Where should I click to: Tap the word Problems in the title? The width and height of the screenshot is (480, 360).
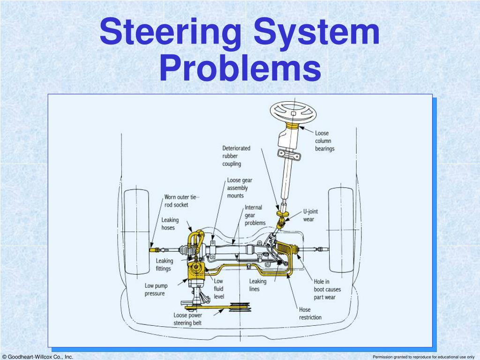(240, 67)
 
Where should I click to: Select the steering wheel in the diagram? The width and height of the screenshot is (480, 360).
(293, 112)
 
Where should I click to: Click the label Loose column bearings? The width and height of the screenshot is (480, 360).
(324, 141)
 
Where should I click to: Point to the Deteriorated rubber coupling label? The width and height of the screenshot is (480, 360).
(236, 156)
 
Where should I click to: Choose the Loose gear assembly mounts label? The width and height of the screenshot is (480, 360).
(240, 188)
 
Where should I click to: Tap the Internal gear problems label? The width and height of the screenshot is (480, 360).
(255, 215)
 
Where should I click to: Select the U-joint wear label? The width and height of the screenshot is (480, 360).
(310, 215)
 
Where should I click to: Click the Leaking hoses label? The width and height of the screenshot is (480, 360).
(170, 224)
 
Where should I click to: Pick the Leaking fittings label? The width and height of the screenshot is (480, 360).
(165, 264)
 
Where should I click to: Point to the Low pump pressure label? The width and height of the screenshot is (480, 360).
(156, 290)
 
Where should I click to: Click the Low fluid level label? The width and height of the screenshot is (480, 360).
(218, 289)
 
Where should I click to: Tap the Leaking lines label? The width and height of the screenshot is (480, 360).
(257, 285)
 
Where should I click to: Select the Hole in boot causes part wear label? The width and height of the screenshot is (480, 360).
(327, 289)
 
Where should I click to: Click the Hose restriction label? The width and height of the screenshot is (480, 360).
(310, 314)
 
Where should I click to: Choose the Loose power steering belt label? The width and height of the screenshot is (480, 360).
(187, 319)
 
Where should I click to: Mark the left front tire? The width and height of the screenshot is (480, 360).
(136, 232)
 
